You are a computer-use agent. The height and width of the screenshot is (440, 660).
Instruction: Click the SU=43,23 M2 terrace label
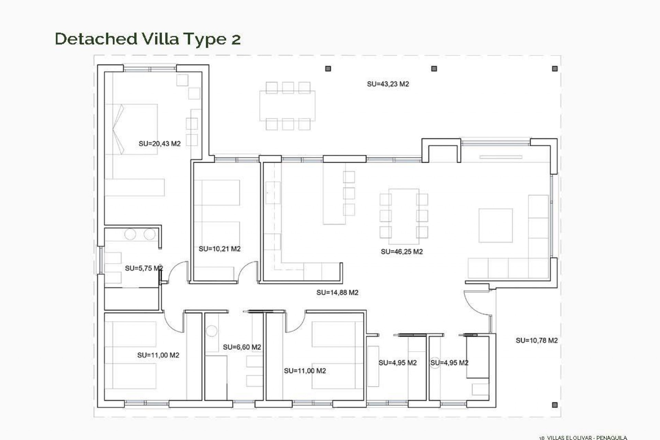[388, 84]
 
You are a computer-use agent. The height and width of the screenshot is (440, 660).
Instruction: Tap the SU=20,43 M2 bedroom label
[159, 144]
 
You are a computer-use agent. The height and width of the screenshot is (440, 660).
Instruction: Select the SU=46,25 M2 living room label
[401, 252]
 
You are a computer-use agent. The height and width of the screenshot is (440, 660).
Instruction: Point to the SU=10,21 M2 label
[219, 249]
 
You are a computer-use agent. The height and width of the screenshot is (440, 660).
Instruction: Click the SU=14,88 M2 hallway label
[337, 293]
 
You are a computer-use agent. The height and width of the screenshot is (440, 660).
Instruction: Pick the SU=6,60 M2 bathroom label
[242, 347]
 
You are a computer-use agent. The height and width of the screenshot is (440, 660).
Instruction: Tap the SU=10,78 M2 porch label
[536, 340]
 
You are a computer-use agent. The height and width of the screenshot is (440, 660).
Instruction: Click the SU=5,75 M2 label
[143, 268]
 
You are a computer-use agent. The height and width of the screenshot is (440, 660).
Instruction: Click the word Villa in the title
[160, 38]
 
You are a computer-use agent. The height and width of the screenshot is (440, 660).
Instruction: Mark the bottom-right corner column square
[554, 405]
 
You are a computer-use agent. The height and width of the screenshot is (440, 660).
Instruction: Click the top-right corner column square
[554, 69]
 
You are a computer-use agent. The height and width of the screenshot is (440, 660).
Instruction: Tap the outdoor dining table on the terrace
[287, 106]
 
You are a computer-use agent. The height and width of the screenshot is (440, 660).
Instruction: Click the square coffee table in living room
[495, 225]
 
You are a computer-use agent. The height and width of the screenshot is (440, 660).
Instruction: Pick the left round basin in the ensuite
[130, 234]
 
